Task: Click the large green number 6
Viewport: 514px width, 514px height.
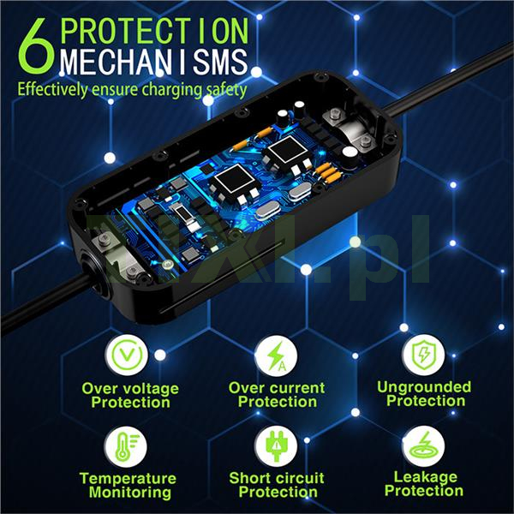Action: coord(36,46)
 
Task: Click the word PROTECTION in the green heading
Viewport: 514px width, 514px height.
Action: coord(154,31)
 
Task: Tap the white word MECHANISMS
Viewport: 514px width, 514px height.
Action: coord(153,62)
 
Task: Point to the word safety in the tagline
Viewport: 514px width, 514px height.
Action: coord(225,90)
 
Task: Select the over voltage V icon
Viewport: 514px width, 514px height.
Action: coord(127,355)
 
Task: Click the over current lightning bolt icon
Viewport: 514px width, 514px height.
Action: coord(276,356)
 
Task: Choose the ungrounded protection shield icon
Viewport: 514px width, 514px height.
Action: coord(424,355)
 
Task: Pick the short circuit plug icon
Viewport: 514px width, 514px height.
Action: coord(276,446)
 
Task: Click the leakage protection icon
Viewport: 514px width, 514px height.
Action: coord(423,446)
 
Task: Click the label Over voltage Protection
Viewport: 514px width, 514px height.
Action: coord(130,395)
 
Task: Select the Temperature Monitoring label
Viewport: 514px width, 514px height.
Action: coord(128,486)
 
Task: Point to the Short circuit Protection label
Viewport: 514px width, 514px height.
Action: coord(277,485)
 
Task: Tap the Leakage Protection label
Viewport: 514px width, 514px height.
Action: coord(425,484)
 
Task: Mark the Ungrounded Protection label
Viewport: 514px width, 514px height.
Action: coord(425,394)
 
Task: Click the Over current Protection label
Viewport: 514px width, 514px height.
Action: coord(277,395)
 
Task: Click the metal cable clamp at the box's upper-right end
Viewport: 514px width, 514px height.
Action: coord(350,128)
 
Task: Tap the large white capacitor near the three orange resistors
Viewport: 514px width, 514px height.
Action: coord(350,157)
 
